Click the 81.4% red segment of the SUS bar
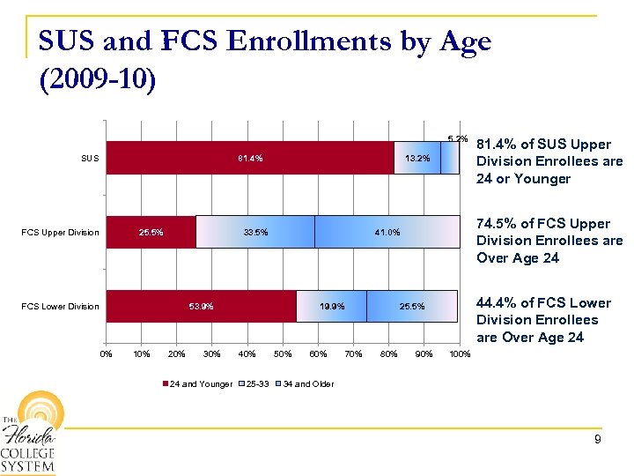point(250,159)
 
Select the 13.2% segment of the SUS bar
point(417,159)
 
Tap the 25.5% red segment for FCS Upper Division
point(151,233)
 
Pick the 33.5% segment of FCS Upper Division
point(255,233)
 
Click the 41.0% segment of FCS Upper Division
point(387,233)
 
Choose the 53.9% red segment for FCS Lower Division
point(201,306)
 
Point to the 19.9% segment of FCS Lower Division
point(331,306)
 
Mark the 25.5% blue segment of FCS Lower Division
point(411,306)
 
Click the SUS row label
point(90,159)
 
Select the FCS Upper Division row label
point(60,233)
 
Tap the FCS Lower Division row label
point(60,307)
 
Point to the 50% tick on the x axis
point(282,354)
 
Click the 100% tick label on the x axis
point(460,354)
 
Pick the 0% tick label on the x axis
point(106,354)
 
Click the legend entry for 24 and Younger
point(200,384)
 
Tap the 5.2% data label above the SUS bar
point(457,138)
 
